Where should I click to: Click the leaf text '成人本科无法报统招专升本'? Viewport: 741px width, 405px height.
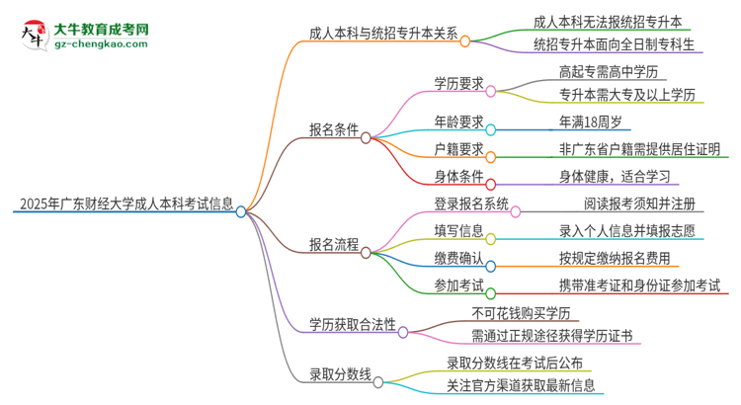pos(607,22)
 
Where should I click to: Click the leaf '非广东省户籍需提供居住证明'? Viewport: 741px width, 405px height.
pos(638,150)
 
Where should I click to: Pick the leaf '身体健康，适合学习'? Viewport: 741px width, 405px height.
pos(614,177)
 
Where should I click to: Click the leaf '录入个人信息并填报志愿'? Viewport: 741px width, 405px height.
pos(631,231)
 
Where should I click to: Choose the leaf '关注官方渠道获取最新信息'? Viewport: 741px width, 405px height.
pos(521,384)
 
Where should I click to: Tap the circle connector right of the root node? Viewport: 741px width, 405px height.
pos(241,211)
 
